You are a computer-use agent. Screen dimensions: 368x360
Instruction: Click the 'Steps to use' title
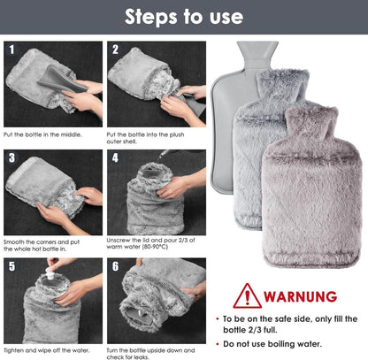pyautogui.click(x=184, y=17)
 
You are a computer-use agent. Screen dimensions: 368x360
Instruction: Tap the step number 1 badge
pyautogui.click(x=11, y=50)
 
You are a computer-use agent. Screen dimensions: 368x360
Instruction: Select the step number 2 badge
pyautogui.click(x=115, y=50)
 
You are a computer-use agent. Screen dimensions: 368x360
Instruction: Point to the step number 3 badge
pyautogui.click(x=11, y=157)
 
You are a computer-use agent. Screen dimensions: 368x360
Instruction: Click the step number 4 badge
pyautogui.click(x=115, y=157)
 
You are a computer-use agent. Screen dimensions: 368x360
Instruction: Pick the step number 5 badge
pyautogui.click(x=11, y=266)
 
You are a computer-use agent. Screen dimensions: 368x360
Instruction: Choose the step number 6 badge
pyautogui.click(x=115, y=266)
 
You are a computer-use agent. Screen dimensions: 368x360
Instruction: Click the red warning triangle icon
pyautogui.click(x=248, y=296)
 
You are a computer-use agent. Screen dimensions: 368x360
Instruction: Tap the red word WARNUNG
pyautogui.click(x=301, y=296)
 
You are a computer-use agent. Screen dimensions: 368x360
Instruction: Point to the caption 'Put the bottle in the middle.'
pyautogui.click(x=42, y=134)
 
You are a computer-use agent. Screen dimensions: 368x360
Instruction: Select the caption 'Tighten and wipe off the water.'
pyautogui.click(x=47, y=350)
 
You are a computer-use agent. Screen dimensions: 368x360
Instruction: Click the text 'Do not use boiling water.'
pyautogui.click(x=272, y=344)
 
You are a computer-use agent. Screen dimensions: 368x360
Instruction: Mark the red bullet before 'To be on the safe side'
pyautogui.click(x=218, y=319)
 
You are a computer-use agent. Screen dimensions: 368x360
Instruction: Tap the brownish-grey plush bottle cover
pyautogui.click(x=311, y=188)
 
